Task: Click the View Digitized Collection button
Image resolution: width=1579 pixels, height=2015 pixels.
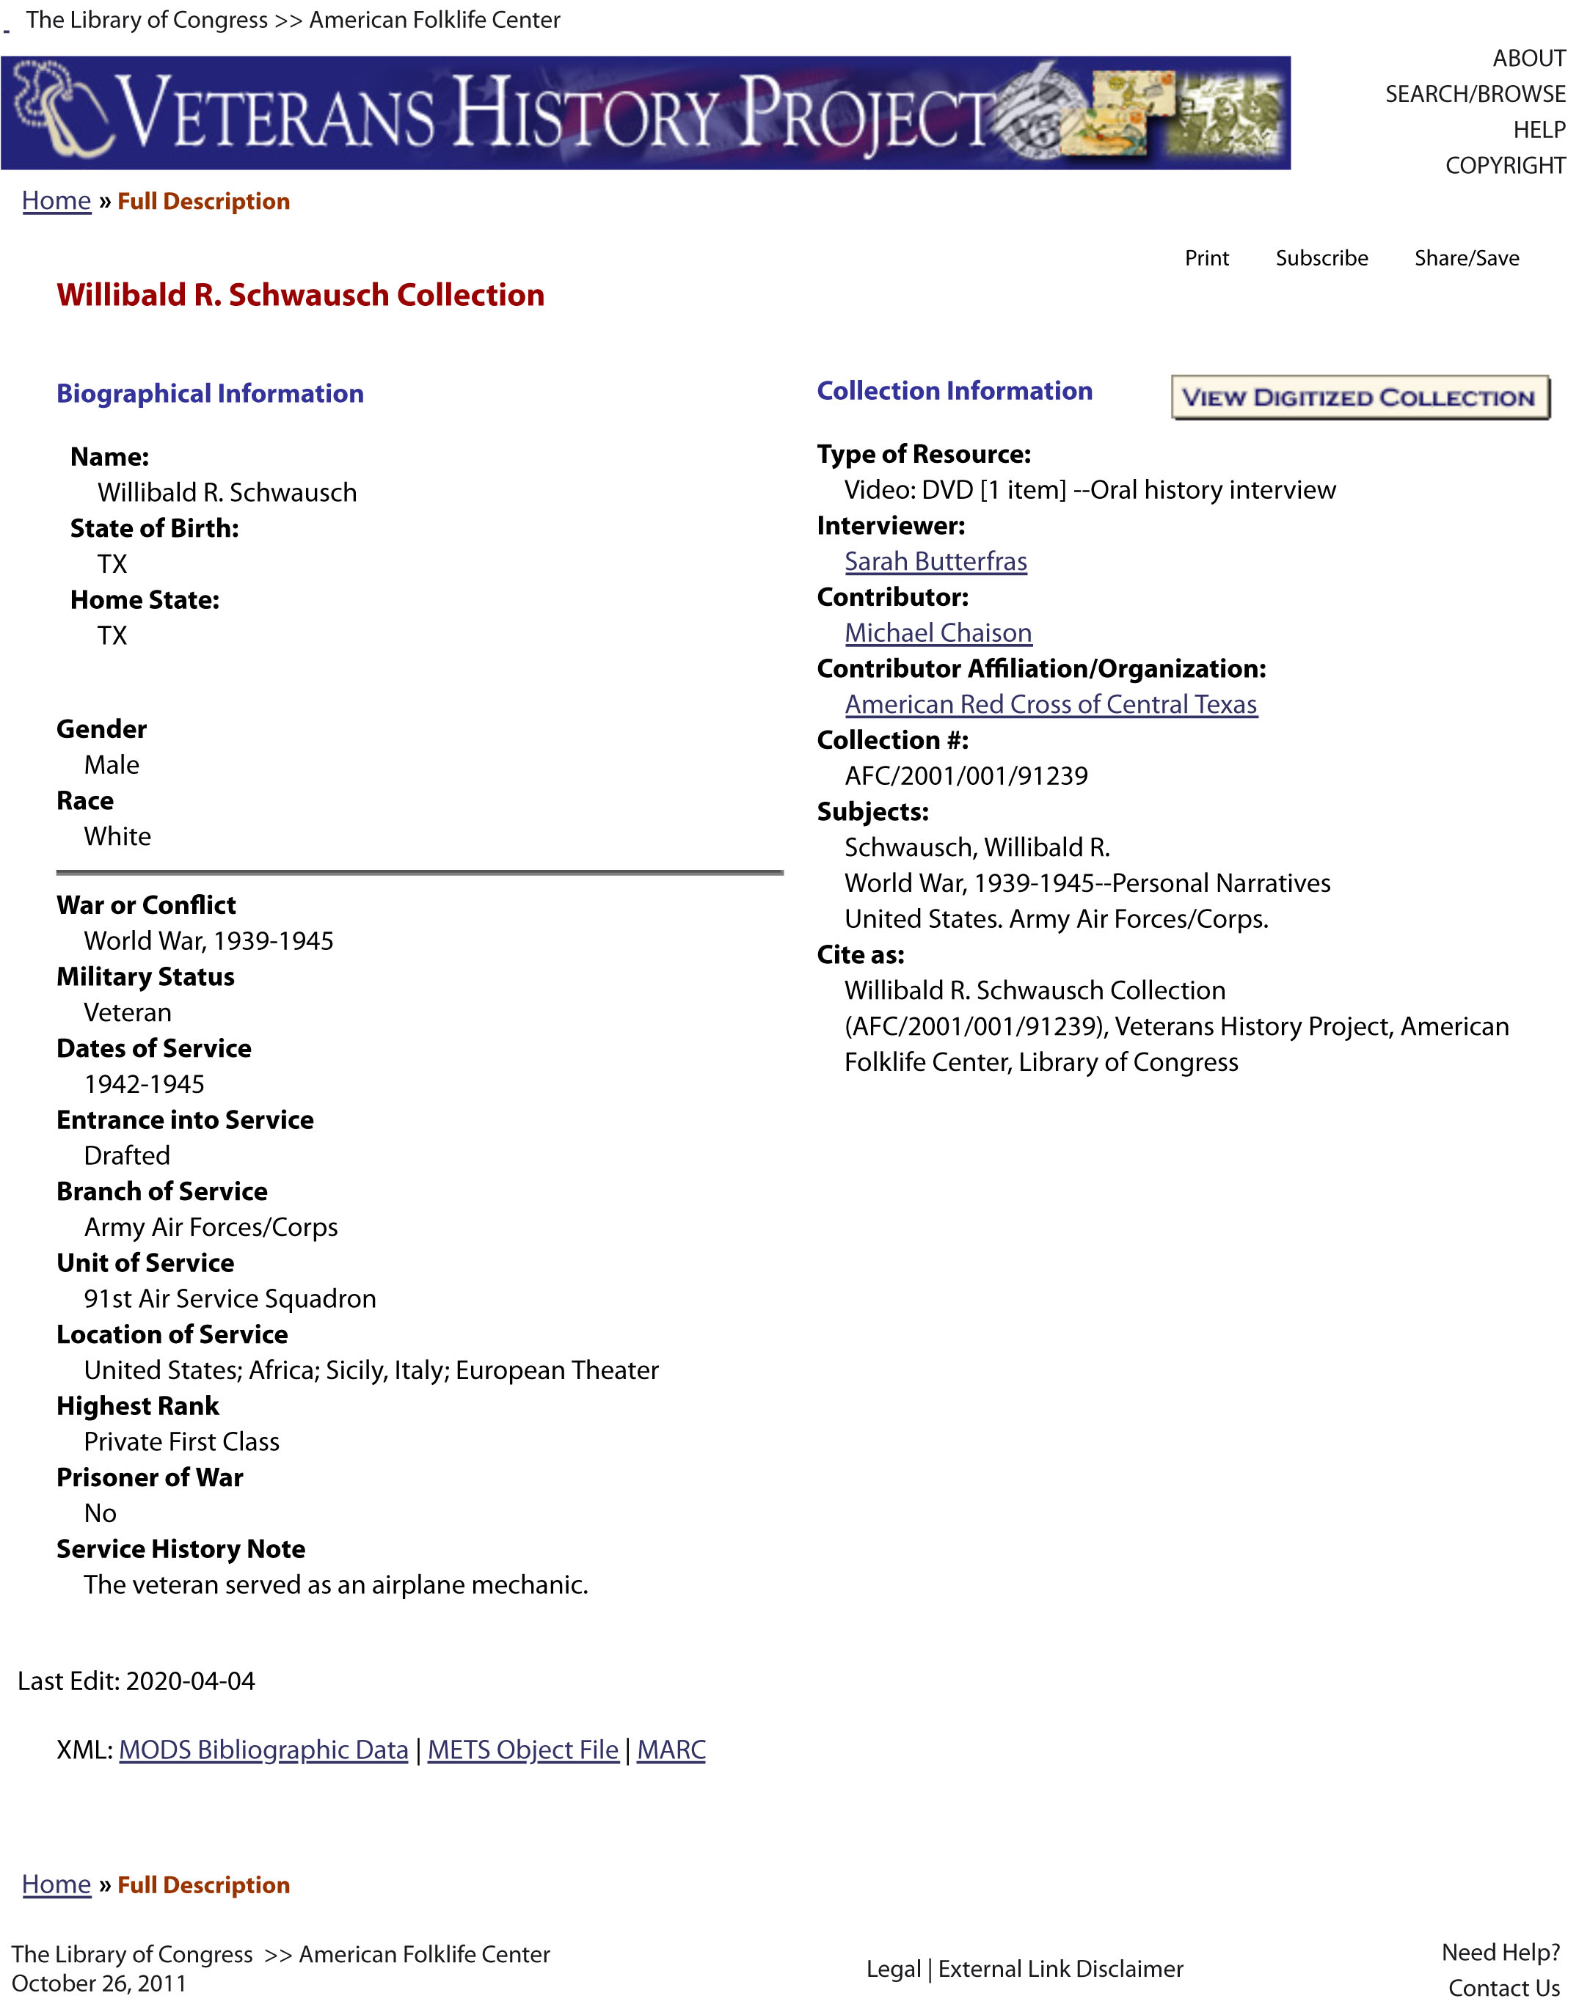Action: tap(1359, 398)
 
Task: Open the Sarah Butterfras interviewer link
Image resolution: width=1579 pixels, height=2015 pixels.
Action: tap(936, 561)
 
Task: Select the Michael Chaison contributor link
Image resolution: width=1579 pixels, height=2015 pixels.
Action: tap(938, 632)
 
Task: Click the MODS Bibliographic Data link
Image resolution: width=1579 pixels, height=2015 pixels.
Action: tap(263, 1749)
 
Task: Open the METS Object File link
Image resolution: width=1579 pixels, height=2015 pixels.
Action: tap(522, 1749)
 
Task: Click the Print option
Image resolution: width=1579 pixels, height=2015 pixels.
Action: tap(1206, 258)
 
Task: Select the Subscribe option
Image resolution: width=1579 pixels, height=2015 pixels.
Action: tap(1321, 258)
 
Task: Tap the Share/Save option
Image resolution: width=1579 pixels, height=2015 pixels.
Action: tap(1466, 258)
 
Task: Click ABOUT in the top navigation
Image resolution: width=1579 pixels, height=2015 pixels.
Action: tap(1528, 58)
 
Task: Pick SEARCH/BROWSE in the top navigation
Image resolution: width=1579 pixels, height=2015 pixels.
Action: tap(1475, 95)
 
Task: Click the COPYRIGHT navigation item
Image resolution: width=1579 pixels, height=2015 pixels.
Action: tap(1505, 166)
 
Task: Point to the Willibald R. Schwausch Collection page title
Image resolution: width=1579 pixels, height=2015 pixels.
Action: tap(300, 295)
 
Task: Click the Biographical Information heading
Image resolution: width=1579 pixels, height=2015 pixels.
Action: tap(210, 394)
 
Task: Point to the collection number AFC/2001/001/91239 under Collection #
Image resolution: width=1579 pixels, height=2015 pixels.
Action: tap(966, 775)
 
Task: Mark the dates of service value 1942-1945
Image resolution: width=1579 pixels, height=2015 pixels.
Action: tap(145, 1083)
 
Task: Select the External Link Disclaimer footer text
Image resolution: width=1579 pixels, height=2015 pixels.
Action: tap(1060, 1969)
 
